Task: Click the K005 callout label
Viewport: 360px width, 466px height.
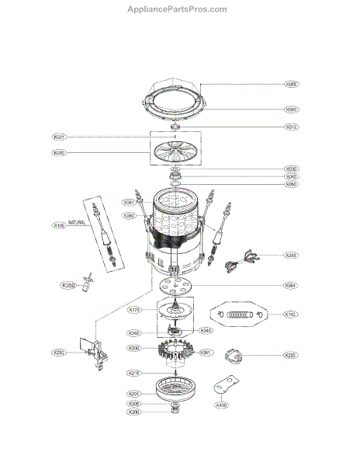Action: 292,84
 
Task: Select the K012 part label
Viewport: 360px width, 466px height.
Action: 292,127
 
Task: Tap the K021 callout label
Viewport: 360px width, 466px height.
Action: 60,137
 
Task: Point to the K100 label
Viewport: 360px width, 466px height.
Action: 59,226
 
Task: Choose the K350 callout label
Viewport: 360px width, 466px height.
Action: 67,286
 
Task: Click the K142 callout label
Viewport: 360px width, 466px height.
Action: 291,315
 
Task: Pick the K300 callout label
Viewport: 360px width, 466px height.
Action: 134,412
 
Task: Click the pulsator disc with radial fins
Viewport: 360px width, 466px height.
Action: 178,152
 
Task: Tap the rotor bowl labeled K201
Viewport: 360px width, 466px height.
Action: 178,388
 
